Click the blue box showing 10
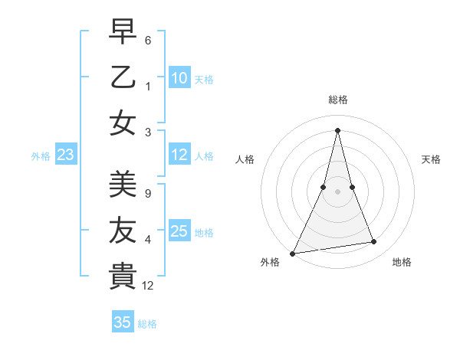tap(179, 78)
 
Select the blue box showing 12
tap(179, 155)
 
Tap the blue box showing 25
tap(179, 231)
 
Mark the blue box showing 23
tap(66, 155)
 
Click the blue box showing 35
tap(123, 322)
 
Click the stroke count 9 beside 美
tap(147, 193)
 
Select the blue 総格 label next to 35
tap(148, 324)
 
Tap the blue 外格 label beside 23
tap(41, 156)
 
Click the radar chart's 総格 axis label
tap(337, 100)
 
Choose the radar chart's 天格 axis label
tap(432, 159)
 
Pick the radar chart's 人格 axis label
tap(245, 159)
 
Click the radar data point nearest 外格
tap(293, 253)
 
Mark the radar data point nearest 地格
tap(374, 242)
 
